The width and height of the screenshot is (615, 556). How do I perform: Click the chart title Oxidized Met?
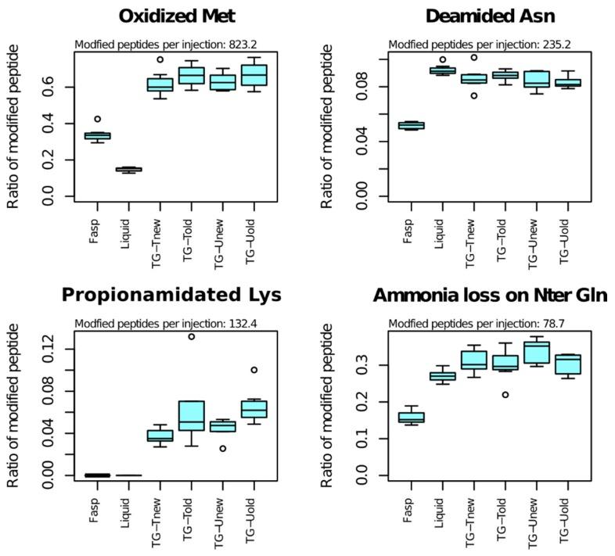tap(176, 16)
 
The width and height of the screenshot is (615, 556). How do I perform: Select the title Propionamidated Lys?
tap(171, 295)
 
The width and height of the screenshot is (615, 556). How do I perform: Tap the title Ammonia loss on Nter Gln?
tap(490, 295)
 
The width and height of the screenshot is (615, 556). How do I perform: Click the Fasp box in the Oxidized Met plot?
tap(97, 136)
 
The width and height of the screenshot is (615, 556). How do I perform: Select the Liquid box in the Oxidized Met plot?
tap(128, 169)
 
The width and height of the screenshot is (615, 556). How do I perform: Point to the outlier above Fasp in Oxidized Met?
tap(97, 119)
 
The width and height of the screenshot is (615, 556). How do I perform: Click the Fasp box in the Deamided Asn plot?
tap(411, 125)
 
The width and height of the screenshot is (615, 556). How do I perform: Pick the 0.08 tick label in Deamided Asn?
tap(362, 86)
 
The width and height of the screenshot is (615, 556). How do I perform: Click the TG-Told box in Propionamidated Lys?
tap(192, 415)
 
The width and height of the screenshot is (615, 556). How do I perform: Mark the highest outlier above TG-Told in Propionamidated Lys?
tap(192, 337)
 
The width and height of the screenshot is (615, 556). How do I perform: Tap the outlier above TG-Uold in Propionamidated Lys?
tap(254, 370)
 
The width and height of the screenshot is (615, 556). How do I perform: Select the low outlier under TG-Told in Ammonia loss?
tap(505, 395)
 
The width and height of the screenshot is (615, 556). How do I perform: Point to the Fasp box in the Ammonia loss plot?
tap(411, 417)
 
